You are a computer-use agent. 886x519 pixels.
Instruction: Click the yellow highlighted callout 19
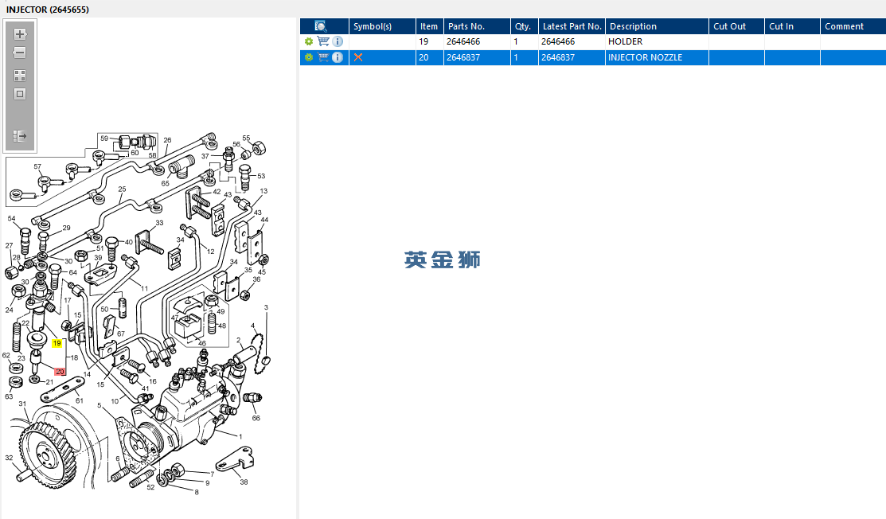coord(57,343)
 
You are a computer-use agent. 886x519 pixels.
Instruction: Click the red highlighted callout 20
coord(60,372)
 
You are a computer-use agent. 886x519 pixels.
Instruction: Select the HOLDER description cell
coord(657,42)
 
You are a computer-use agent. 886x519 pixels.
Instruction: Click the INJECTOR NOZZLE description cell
coord(657,57)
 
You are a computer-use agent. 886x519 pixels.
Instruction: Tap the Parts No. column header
coord(477,26)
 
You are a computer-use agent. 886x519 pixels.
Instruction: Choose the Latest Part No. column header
coord(572,26)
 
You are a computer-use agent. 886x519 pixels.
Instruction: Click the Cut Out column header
coord(736,26)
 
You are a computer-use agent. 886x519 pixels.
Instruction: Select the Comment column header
coord(853,26)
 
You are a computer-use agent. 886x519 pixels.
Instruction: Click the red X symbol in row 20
coord(358,57)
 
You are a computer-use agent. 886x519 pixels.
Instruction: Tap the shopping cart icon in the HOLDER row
coord(323,41)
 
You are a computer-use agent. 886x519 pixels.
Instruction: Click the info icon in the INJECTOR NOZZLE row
coord(338,57)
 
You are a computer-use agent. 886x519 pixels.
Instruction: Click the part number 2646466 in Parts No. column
coord(463,42)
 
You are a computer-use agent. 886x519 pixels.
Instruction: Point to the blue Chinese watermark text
coord(443,259)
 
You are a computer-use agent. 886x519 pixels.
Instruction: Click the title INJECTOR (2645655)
coord(48,10)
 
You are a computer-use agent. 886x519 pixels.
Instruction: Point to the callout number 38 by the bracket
coord(244,482)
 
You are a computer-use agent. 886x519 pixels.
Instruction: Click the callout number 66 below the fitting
coord(256,419)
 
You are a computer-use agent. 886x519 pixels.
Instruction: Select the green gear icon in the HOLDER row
coord(309,42)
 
